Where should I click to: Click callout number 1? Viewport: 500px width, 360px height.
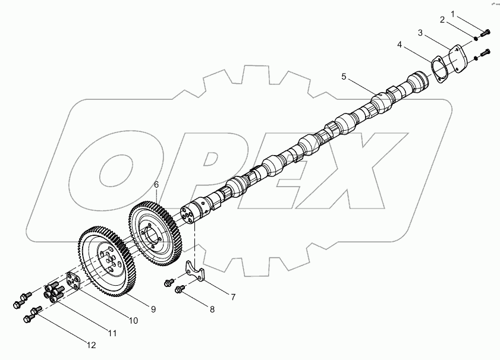[452, 14]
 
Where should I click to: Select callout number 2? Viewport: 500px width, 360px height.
[442, 20]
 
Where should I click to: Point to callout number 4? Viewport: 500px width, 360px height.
[400, 45]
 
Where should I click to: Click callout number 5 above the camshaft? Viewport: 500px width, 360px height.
[344, 76]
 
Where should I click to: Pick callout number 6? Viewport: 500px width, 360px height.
[156, 185]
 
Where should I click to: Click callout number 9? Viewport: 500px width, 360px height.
[153, 309]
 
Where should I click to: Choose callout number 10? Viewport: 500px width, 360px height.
[133, 320]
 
